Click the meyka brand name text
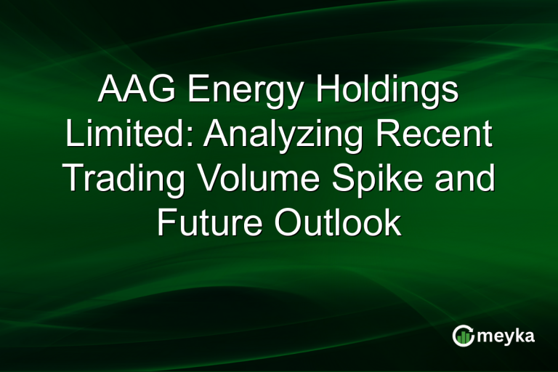(506, 336)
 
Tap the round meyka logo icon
(463, 336)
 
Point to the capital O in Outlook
(288, 224)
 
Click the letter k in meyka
(519, 335)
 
